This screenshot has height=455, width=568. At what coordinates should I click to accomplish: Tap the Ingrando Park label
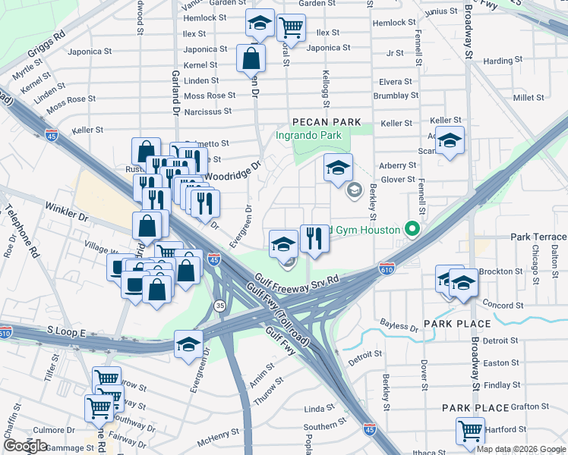point(308,136)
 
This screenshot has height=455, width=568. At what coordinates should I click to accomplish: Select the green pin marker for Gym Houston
point(412,227)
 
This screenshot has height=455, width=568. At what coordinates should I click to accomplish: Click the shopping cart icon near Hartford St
point(471,430)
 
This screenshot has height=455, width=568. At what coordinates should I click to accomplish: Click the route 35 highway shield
point(220,306)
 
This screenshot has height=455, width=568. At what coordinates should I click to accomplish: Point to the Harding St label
point(498,61)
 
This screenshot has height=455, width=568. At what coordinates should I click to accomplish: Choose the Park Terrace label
point(538,237)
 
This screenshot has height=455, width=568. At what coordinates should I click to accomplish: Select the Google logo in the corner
point(25,446)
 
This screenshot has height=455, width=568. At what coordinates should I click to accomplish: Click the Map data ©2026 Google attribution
point(521,449)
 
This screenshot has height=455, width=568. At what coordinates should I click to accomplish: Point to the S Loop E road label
point(68,331)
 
